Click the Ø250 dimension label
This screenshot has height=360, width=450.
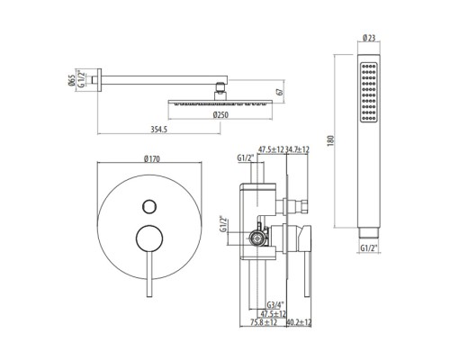click(220, 115)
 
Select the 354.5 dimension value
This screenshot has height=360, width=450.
click(158, 130)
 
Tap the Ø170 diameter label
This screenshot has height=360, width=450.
click(152, 158)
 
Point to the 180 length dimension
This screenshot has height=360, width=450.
click(330, 140)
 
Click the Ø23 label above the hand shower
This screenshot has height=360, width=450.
click(369, 38)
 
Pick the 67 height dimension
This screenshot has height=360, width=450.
click(280, 92)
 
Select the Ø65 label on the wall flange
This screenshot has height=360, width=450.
click(72, 80)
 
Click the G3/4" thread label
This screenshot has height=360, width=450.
click(275, 305)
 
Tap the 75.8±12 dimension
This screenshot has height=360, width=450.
click(264, 322)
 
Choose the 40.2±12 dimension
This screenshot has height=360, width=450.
click(299, 322)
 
